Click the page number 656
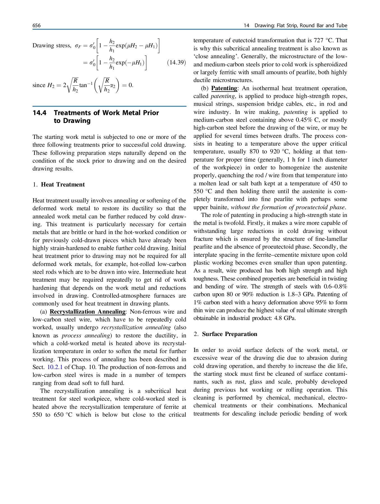[x=36, y=25]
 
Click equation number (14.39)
[x=176, y=62]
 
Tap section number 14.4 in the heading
[x=39, y=113]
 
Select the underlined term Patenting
[x=224, y=88]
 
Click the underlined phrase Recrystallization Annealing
[x=87, y=312]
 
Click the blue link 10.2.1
[x=55, y=367]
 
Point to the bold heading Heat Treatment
[x=63, y=185]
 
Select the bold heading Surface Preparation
[x=229, y=334]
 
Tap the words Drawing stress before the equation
[x=51, y=46]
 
